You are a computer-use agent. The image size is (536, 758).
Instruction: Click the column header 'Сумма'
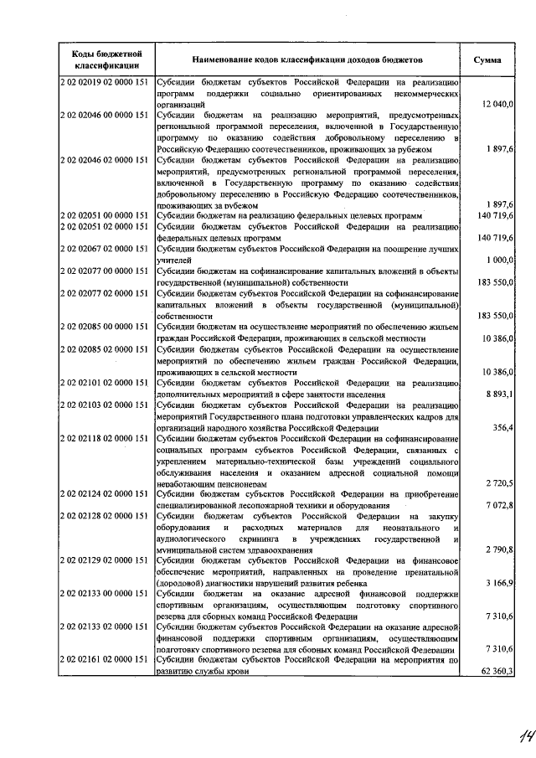tap(487, 60)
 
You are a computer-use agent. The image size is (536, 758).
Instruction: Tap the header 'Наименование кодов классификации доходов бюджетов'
tap(307, 60)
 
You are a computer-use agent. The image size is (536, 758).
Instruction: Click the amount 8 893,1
tap(501, 393)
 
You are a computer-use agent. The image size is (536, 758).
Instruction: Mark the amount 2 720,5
tap(501, 482)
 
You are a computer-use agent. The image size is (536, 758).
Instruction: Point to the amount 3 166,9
tap(501, 582)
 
